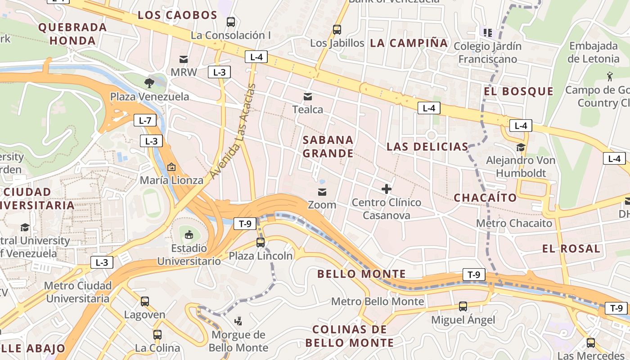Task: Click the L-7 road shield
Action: (x=145, y=120)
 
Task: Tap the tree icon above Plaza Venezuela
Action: (x=149, y=83)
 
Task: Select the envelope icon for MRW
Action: (x=184, y=59)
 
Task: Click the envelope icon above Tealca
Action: (x=308, y=96)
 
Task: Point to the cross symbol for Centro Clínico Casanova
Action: (x=386, y=189)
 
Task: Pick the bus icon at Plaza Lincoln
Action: (x=260, y=243)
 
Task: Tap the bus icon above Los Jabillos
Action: (x=337, y=30)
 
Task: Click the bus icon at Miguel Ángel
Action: (x=463, y=306)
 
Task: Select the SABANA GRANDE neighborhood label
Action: (x=328, y=147)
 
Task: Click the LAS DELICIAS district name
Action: (x=427, y=147)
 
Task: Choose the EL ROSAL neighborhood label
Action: (x=571, y=249)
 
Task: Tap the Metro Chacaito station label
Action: (x=514, y=223)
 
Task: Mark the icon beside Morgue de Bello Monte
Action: (x=238, y=321)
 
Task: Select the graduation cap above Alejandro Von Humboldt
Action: (x=521, y=147)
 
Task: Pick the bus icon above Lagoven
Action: (x=144, y=301)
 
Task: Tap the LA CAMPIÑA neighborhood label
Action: (x=409, y=43)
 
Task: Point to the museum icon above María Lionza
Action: (x=171, y=167)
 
